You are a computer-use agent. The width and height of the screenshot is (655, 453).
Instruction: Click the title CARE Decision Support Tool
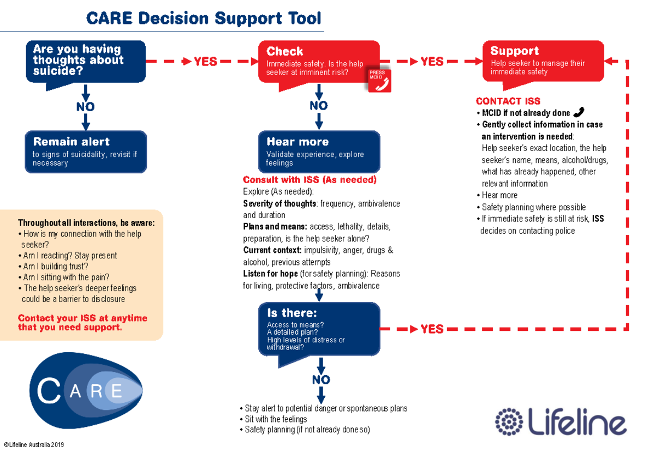[204, 19]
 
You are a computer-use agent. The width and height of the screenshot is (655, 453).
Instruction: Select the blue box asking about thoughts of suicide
[86, 61]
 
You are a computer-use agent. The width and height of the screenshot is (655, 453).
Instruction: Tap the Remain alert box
[86, 151]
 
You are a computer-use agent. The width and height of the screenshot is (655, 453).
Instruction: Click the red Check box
[318, 61]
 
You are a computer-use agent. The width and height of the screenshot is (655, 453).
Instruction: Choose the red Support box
[543, 61]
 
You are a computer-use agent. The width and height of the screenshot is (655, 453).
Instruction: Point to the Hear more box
[319, 151]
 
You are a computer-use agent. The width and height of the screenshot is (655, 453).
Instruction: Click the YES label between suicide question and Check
[205, 62]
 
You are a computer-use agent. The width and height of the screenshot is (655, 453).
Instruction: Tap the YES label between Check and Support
[432, 62]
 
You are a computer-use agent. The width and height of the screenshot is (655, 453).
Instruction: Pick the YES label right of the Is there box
[432, 329]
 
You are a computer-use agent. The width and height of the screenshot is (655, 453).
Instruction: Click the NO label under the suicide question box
[86, 107]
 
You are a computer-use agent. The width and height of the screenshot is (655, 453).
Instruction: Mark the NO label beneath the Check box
[319, 106]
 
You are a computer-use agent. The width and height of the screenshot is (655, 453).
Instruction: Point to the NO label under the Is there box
[321, 379]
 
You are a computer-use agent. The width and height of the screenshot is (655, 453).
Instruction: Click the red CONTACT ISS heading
[508, 101]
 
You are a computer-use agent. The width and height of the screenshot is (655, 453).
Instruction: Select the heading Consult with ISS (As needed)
[309, 180]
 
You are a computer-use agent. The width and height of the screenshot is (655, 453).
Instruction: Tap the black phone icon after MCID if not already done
[579, 112]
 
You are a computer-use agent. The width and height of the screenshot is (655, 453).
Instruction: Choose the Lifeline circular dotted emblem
[509, 422]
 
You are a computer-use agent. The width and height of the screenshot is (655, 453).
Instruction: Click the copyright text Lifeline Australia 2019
[34, 445]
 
